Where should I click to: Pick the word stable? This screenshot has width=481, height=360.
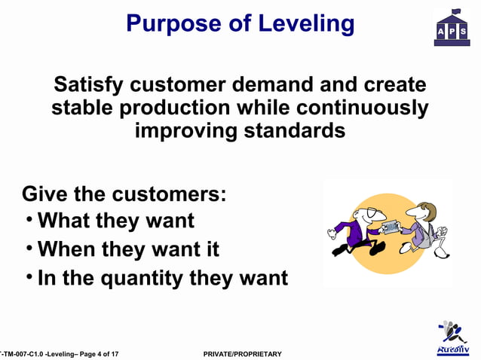87,108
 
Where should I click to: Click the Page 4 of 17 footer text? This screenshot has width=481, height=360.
94,354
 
